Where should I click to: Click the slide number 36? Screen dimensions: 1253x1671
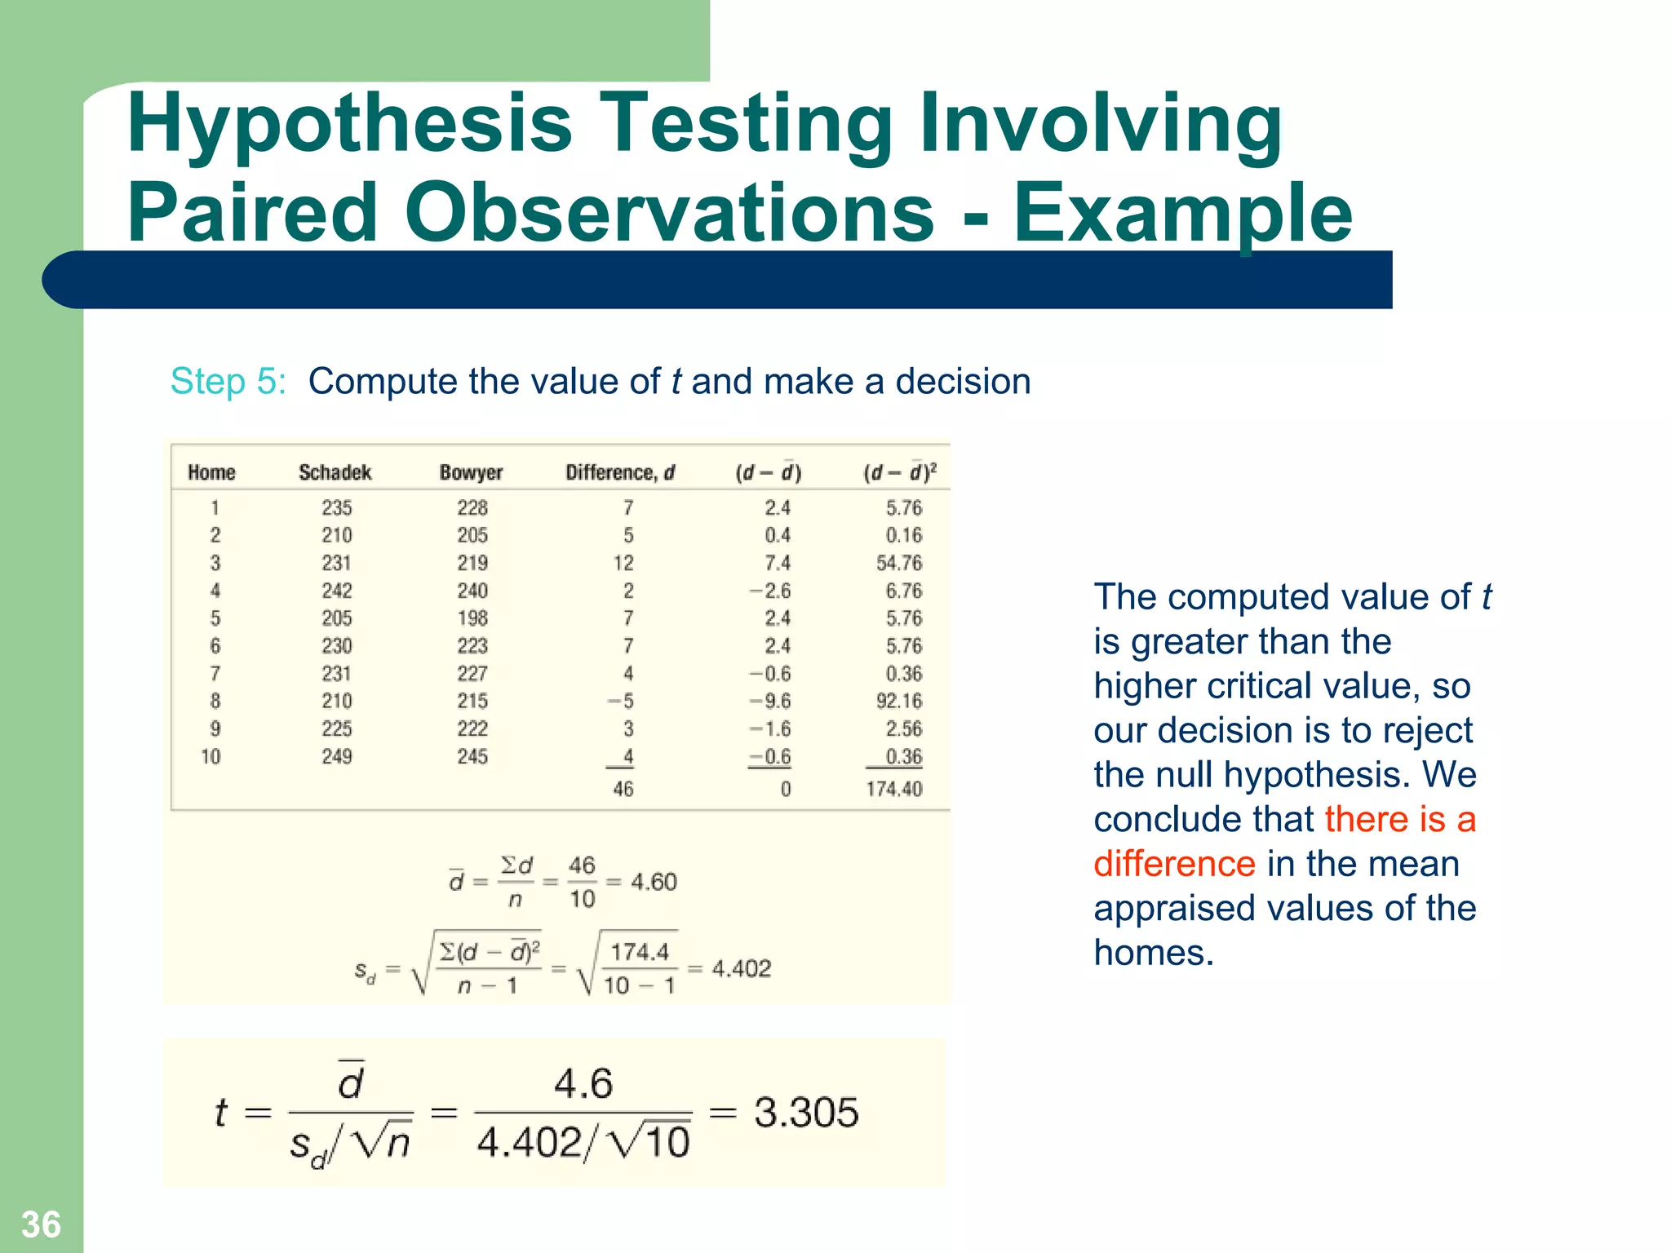41,1224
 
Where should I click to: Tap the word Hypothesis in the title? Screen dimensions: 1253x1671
349,124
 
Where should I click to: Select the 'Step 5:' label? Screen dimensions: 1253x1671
228,381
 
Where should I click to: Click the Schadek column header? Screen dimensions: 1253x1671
335,472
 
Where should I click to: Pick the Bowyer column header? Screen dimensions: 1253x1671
471,472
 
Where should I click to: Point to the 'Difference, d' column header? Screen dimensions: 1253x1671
620,472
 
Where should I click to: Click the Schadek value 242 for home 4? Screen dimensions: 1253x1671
336,591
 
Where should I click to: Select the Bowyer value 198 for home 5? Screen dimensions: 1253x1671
472,618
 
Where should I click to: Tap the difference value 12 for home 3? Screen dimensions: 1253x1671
623,563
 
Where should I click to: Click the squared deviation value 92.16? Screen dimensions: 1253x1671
899,701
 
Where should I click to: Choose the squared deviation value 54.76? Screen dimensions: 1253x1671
899,563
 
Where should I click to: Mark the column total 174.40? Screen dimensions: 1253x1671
894,789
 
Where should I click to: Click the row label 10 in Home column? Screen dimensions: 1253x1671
211,756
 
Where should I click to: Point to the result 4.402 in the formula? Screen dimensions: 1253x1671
741,968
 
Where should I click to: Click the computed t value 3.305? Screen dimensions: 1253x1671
806,1112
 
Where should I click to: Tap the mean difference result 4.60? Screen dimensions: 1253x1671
654,881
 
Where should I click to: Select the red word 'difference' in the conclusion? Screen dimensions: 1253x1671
1174,863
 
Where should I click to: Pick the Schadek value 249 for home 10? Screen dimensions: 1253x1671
336,756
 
